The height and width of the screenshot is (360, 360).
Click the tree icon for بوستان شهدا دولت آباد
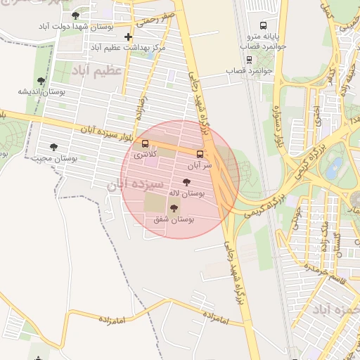click(75, 15)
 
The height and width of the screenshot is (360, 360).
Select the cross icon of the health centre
click(127, 37)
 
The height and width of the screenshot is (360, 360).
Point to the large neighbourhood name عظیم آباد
click(96, 70)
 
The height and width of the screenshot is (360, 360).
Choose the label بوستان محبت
click(53, 158)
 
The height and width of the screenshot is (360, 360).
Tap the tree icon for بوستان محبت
click(53, 147)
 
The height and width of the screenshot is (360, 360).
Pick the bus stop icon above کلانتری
click(146, 143)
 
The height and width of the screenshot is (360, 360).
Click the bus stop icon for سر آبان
click(200, 154)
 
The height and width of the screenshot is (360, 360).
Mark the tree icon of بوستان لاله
click(186, 181)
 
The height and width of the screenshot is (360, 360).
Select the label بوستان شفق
click(174, 219)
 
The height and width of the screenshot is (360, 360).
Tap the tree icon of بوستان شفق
click(174, 208)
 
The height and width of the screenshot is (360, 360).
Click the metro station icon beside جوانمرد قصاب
click(249, 60)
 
